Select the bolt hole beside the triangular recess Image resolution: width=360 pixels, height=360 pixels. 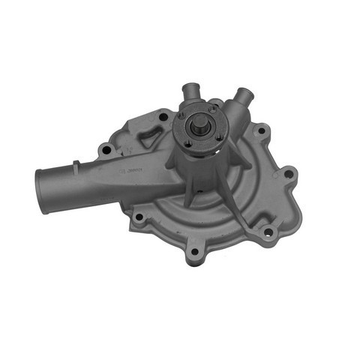[x=163, y=116]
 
